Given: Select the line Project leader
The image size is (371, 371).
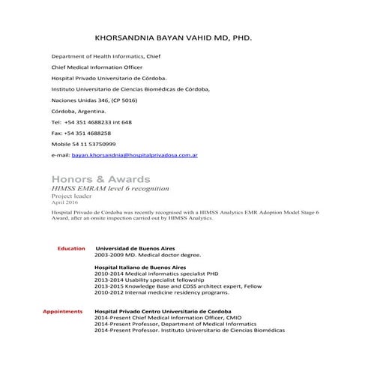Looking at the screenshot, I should click(70, 196).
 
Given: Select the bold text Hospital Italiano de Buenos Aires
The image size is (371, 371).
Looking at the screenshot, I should click(139, 267).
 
